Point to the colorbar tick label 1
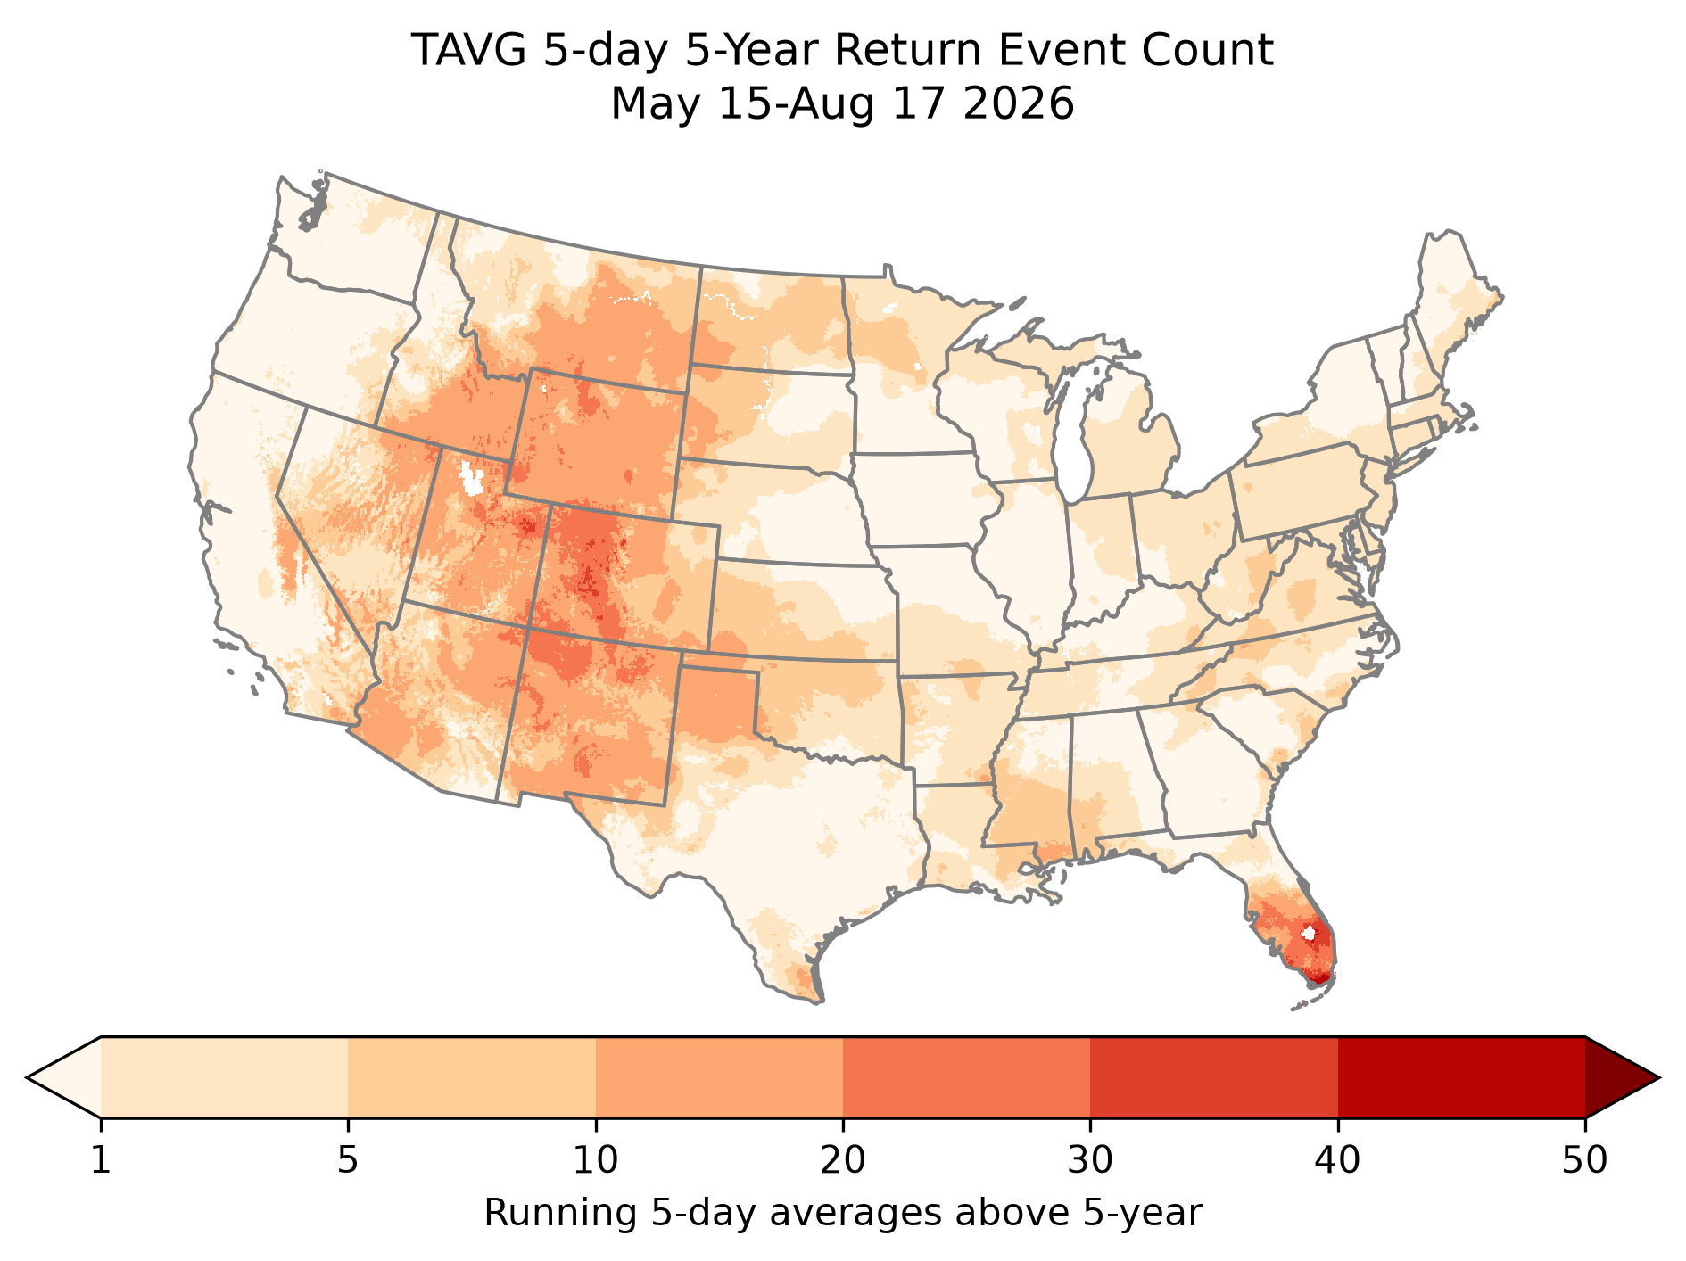pos(101,1161)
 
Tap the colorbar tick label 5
pos(348,1161)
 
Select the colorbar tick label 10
pos(596,1161)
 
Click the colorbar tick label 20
pos(843,1161)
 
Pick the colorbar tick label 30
pos(1090,1161)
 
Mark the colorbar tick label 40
pos(1338,1161)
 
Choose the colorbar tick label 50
pos(1585,1161)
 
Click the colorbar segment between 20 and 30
pos(967,1077)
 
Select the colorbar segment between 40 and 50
pos(1461,1077)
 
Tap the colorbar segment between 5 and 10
pos(472,1077)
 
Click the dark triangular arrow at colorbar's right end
pos(1616,1077)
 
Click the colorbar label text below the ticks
pos(843,1214)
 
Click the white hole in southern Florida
pos(1308,934)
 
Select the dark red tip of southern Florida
pos(1320,978)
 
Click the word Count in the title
pos(1226,51)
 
